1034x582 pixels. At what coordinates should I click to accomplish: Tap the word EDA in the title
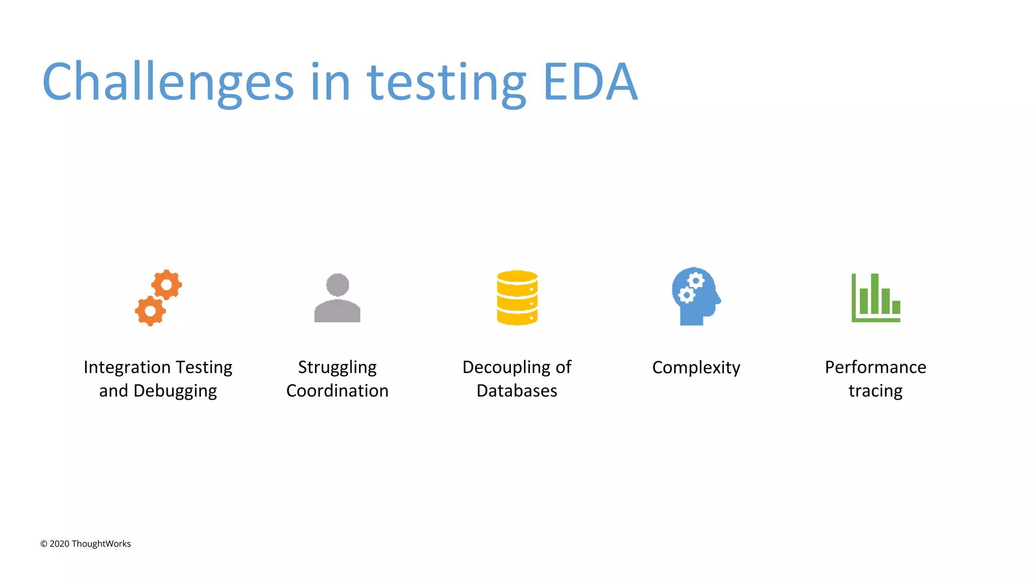(x=590, y=82)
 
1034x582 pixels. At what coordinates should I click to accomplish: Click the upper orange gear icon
(x=167, y=285)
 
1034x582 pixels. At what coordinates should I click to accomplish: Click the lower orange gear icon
(x=150, y=311)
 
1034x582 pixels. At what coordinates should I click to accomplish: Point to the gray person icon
(x=337, y=298)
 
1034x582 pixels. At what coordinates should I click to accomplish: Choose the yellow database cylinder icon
(x=517, y=298)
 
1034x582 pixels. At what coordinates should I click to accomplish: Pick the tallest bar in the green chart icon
(x=874, y=294)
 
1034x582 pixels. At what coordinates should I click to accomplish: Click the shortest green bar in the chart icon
(x=896, y=307)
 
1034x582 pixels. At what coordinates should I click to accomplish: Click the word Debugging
(x=175, y=391)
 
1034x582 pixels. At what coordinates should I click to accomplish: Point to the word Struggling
(x=337, y=368)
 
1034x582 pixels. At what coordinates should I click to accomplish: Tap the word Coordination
(x=337, y=391)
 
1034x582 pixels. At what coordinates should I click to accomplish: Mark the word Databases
(x=517, y=391)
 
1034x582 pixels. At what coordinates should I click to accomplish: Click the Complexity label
(x=696, y=368)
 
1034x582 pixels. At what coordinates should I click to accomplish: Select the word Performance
(x=875, y=367)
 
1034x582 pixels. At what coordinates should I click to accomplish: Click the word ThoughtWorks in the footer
(x=101, y=544)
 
